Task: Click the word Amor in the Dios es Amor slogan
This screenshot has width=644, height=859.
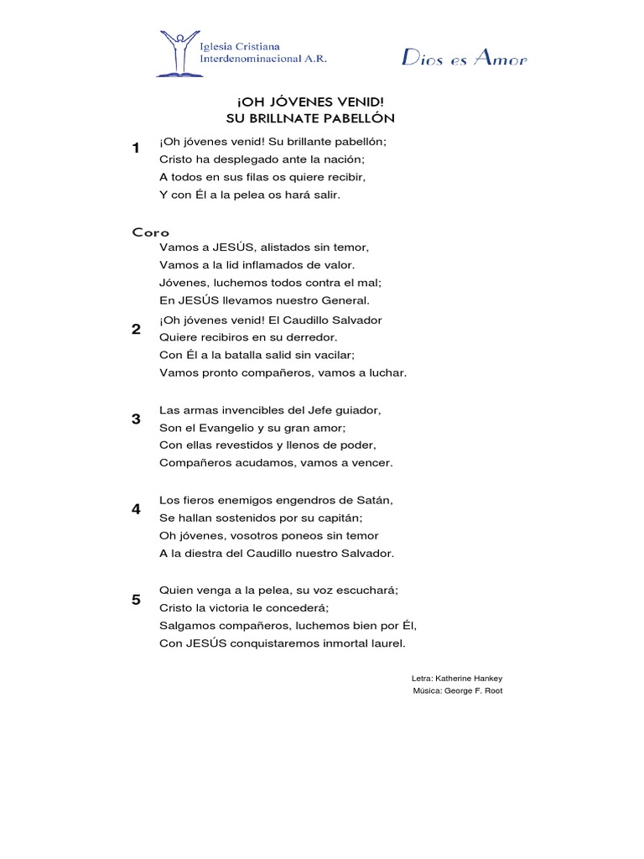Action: [502, 59]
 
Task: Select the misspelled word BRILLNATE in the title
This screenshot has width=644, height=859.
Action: [289, 118]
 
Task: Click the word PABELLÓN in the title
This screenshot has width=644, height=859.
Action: [357, 118]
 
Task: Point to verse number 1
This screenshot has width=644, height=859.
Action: [136, 148]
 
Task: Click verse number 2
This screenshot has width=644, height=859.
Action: [136, 329]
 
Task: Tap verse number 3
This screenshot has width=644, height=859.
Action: [136, 419]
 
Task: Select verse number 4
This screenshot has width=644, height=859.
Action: [136, 509]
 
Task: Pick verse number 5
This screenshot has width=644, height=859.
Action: [136, 600]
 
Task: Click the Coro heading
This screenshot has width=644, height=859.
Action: [151, 232]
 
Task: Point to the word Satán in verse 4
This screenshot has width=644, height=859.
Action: [375, 500]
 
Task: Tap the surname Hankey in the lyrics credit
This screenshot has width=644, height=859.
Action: [486, 678]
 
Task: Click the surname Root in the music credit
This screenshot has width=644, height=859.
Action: [492, 691]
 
